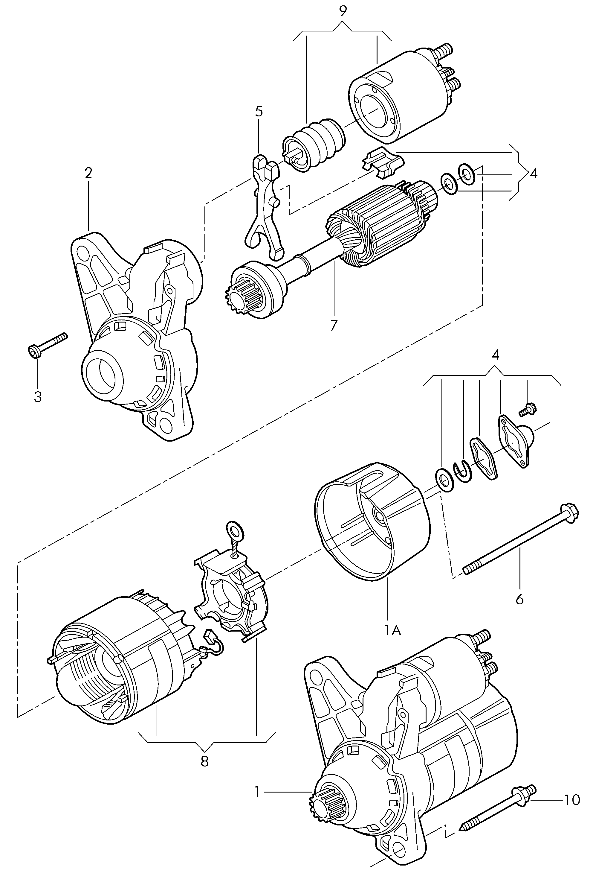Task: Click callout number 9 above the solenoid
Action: (343, 11)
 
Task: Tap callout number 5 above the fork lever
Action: (259, 112)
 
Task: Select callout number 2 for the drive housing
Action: (88, 173)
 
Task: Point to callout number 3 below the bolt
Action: (38, 397)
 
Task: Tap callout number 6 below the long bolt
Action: (520, 609)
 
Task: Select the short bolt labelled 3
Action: (48, 344)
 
